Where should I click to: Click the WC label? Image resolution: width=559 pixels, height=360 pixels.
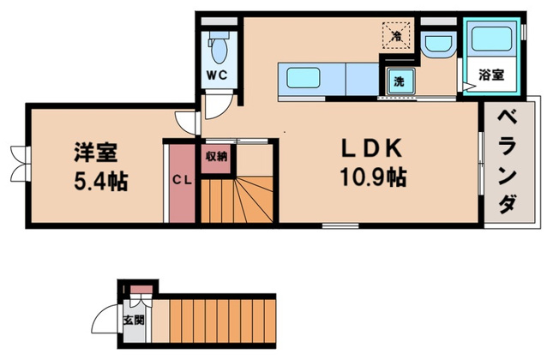pos(217,75)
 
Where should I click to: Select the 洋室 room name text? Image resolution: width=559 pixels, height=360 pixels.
pos(95,153)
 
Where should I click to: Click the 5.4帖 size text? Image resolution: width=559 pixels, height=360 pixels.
pos(101,181)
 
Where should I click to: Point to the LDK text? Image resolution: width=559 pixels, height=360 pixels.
pos(372,148)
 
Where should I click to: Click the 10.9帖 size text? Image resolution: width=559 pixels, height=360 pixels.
pos(373,177)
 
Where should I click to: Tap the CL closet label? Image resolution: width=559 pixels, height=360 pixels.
pos(182,180)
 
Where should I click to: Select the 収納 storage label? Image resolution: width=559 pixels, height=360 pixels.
pos(216,156)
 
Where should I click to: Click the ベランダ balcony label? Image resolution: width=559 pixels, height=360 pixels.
pos(508,162)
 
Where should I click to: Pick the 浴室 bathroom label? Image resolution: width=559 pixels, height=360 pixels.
pos(491,75)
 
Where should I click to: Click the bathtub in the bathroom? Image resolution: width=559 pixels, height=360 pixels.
pos(491,39)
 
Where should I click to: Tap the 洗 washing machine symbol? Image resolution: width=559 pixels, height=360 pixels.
pos(400,81)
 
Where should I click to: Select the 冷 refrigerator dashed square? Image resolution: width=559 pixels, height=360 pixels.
pos(396,35)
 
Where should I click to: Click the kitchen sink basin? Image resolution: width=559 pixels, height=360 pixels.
pos(303,77)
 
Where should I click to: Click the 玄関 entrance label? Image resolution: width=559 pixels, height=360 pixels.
pos(134,321)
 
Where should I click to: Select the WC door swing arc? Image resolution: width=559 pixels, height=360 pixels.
pos(219,106)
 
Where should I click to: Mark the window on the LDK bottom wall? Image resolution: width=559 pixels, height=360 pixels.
pos(340,225)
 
